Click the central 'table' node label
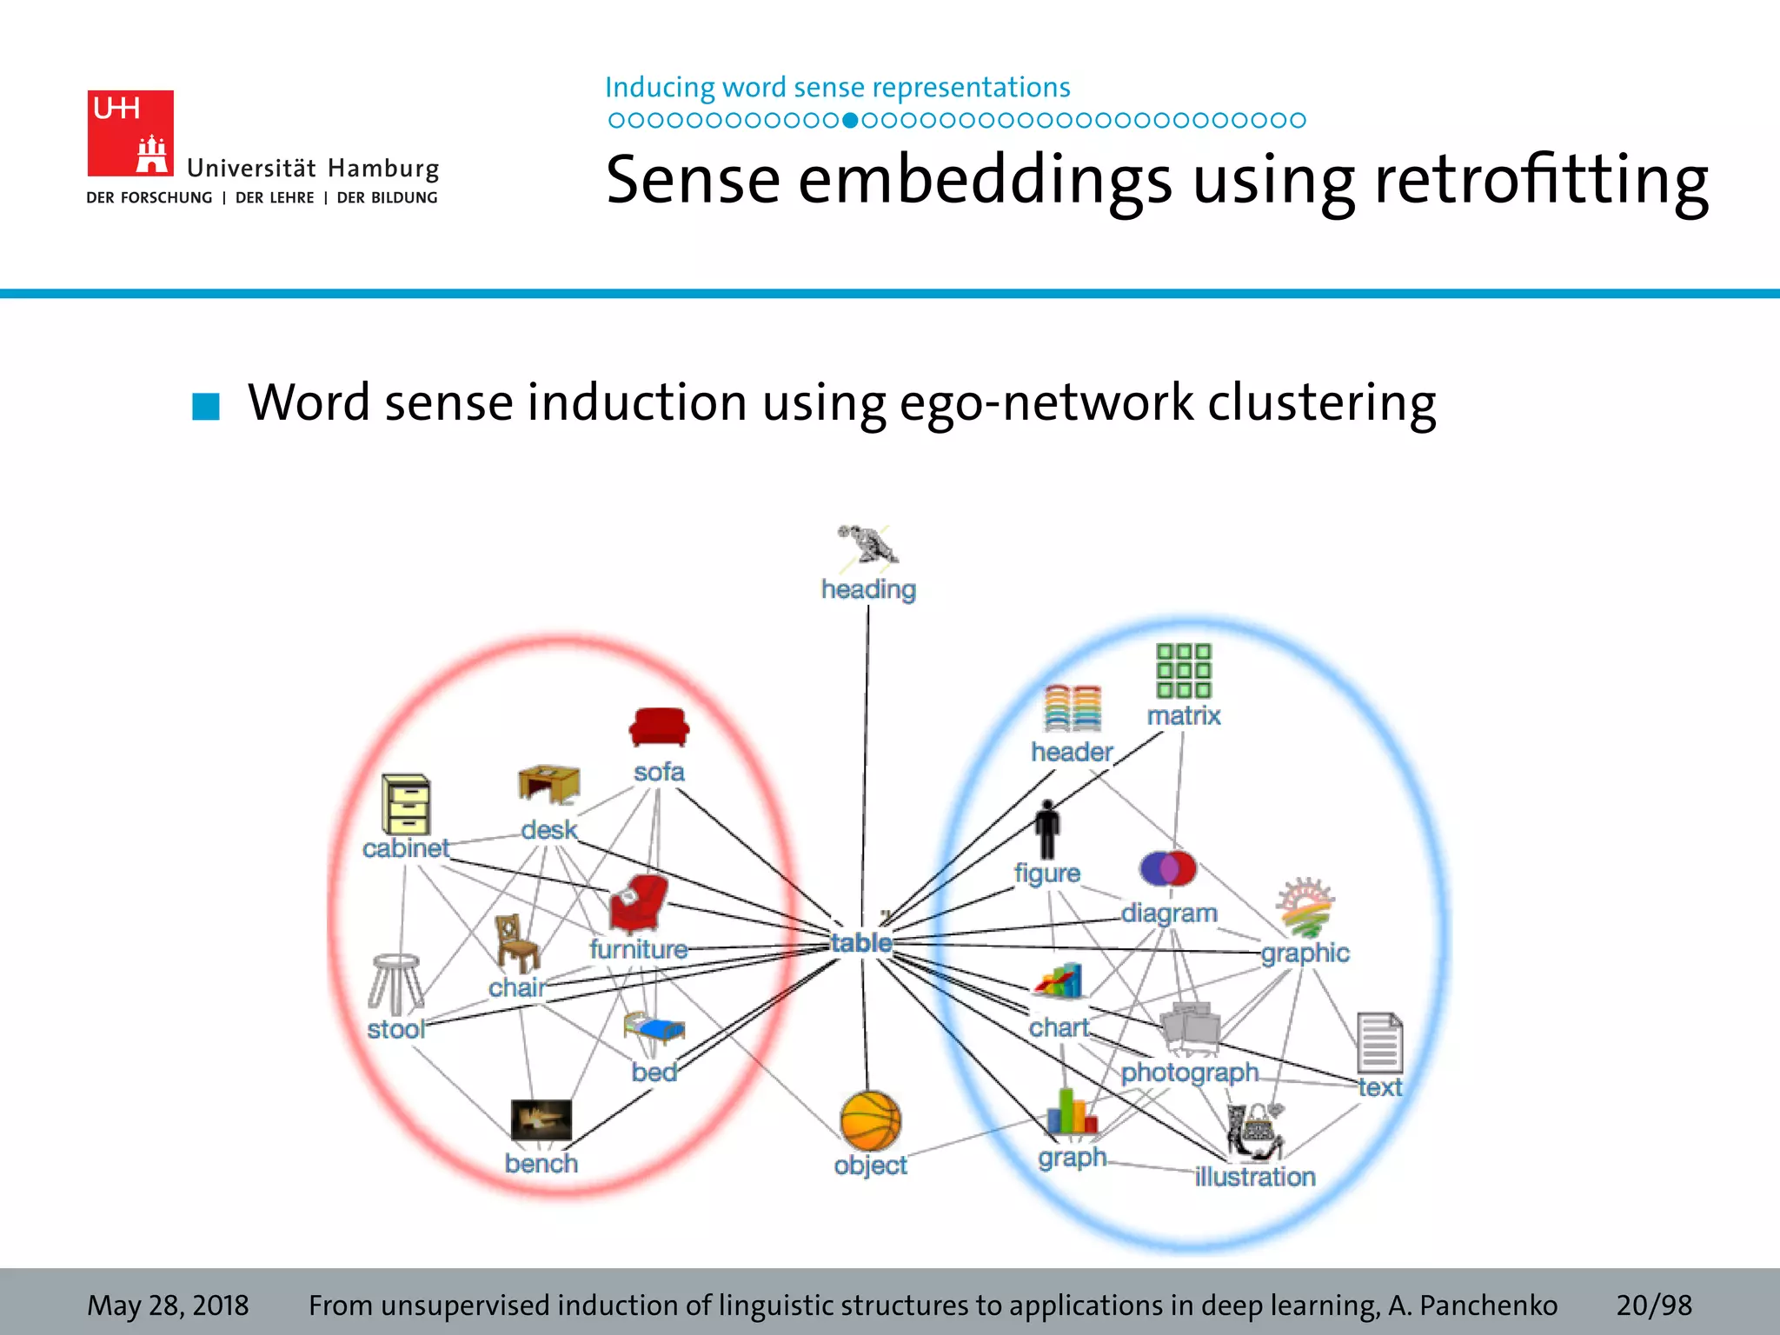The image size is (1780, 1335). [x=860, y=942]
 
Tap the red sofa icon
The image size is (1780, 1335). [x=659, y=727]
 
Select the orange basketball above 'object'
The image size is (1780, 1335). [x=870, y=1121]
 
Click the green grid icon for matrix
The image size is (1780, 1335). [x=1183, y=670]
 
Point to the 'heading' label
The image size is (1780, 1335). [x=868, y=589]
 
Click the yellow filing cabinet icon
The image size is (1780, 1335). [x=406, y=804]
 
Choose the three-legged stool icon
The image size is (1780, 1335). [x=395, y=984]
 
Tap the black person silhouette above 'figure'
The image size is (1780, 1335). [x=1047, y=829]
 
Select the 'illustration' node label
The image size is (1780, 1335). [x=1254, y=1177]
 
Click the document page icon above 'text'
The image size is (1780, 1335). [x=1379, y=1042]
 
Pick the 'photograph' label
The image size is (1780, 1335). [x=1189, y=1073]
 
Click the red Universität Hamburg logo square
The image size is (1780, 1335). [x=130, y=133]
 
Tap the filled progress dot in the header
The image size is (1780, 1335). [x=851, y=120]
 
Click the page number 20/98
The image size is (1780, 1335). [x=1653, y=1305]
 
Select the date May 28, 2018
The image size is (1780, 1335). [x=168, y=1305]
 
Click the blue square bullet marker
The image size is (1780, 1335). [x=206, y=405]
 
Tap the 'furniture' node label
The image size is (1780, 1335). [x=638, y=949]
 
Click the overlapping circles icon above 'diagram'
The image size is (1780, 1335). [x=1167, y=867]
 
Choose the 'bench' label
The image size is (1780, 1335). [x=541, y=1163]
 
